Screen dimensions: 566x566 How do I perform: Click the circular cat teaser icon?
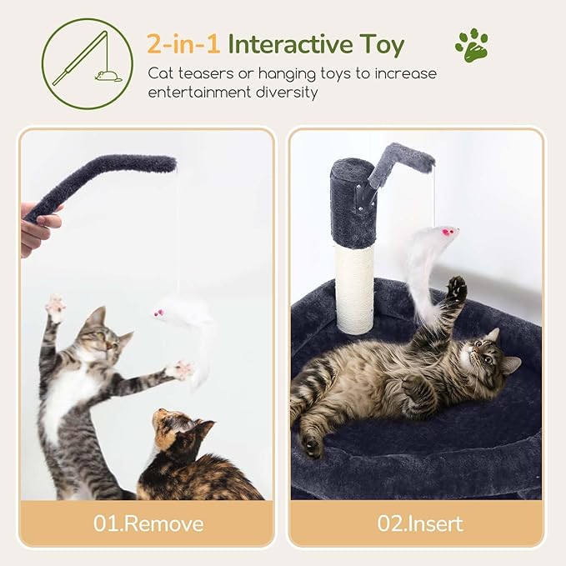(x=87, y=63)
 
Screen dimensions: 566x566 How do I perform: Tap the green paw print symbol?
(x=472, y=46)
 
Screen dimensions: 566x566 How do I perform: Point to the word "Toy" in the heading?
(x=381, y=43)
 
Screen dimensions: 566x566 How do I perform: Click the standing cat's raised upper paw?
(x=56, y=308)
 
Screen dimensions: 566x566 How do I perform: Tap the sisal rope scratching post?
(x=355, y=288)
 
